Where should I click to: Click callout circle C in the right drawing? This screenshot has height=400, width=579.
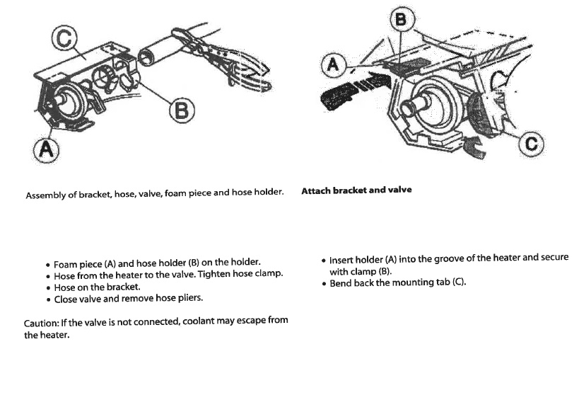click(531, 146)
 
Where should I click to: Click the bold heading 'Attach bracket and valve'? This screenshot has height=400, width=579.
click(356, 190)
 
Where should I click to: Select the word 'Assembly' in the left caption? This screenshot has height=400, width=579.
click(45, 194)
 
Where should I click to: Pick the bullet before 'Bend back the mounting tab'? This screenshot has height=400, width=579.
click(323, 284)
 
